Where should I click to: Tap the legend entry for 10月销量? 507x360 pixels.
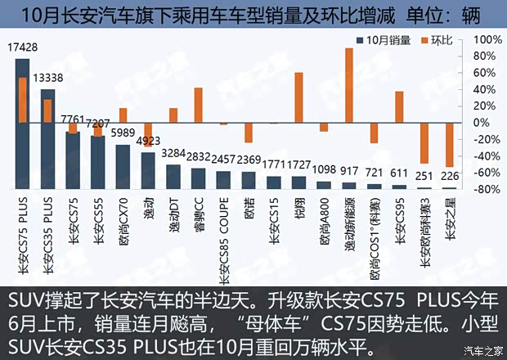coord(382,39)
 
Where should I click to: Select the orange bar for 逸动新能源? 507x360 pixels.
coord(349,85)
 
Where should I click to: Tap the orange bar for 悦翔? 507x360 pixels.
coord(299,97)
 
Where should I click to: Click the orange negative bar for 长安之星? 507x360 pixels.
coord(449,145)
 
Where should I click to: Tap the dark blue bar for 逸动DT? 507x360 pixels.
coord(173,177)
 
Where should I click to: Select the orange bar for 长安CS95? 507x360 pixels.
coord(399,106)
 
